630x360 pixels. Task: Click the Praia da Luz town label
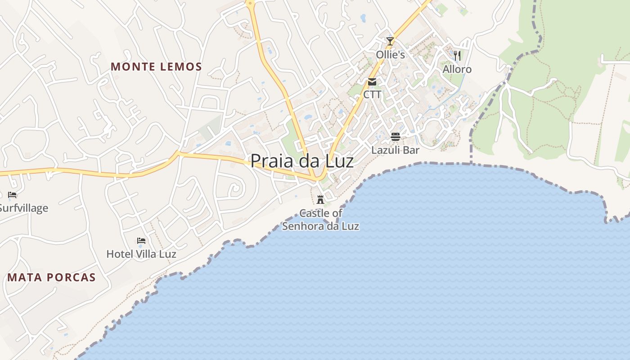302,161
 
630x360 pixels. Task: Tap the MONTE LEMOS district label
156,67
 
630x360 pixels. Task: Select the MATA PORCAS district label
52,277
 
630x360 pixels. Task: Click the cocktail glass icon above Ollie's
390,41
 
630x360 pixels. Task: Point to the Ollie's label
391,55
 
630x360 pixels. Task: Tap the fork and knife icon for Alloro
457,56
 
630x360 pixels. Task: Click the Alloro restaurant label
457,69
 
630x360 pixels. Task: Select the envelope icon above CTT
372,82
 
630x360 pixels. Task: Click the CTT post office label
372,95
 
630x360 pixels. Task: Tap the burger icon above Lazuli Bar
396,137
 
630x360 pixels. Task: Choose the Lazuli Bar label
396,150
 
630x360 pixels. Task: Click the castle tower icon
320,199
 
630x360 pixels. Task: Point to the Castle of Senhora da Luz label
321,220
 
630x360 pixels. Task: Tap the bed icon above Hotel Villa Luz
141,241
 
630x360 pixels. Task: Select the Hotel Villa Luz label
141,254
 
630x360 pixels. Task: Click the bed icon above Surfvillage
12,195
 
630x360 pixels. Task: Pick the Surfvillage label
23,208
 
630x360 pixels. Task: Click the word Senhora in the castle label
303,226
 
